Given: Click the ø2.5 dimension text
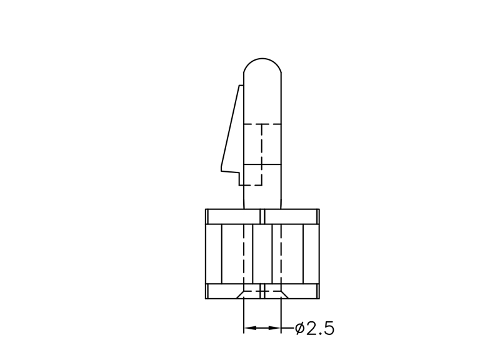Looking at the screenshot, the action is [315, 328].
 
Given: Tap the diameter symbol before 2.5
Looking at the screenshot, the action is [299, 328].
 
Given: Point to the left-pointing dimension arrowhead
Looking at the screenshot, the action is [251, 327].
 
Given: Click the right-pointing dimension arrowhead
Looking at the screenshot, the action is [274, 327].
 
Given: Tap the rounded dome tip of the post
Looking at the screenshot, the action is [262, 59].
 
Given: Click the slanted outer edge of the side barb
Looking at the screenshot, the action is [230, 126].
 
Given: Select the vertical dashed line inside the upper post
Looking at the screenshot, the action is [262, 154].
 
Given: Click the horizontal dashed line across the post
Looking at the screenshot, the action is [262, 124].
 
